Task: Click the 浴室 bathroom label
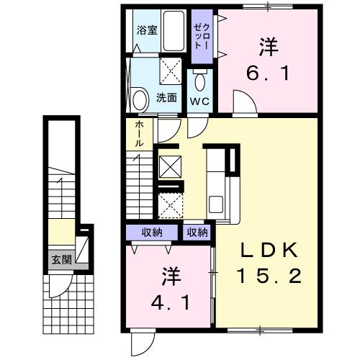pyautogui.click(x=146, y=30)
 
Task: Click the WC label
pyautogui.click(x=199, y=101)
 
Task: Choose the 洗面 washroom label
pyautogui.click(x=166, y=97)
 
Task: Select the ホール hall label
pyautogui.click(x=139, y=134)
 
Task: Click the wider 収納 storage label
pyautogui.click(x=151, y=232)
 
